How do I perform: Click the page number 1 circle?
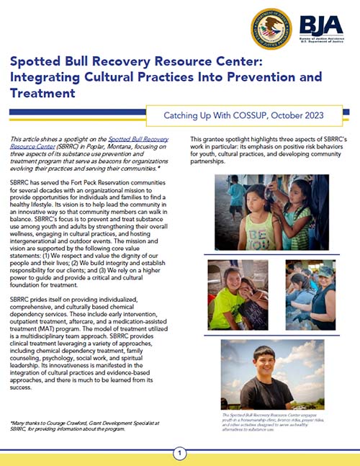[x=180, y=453]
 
